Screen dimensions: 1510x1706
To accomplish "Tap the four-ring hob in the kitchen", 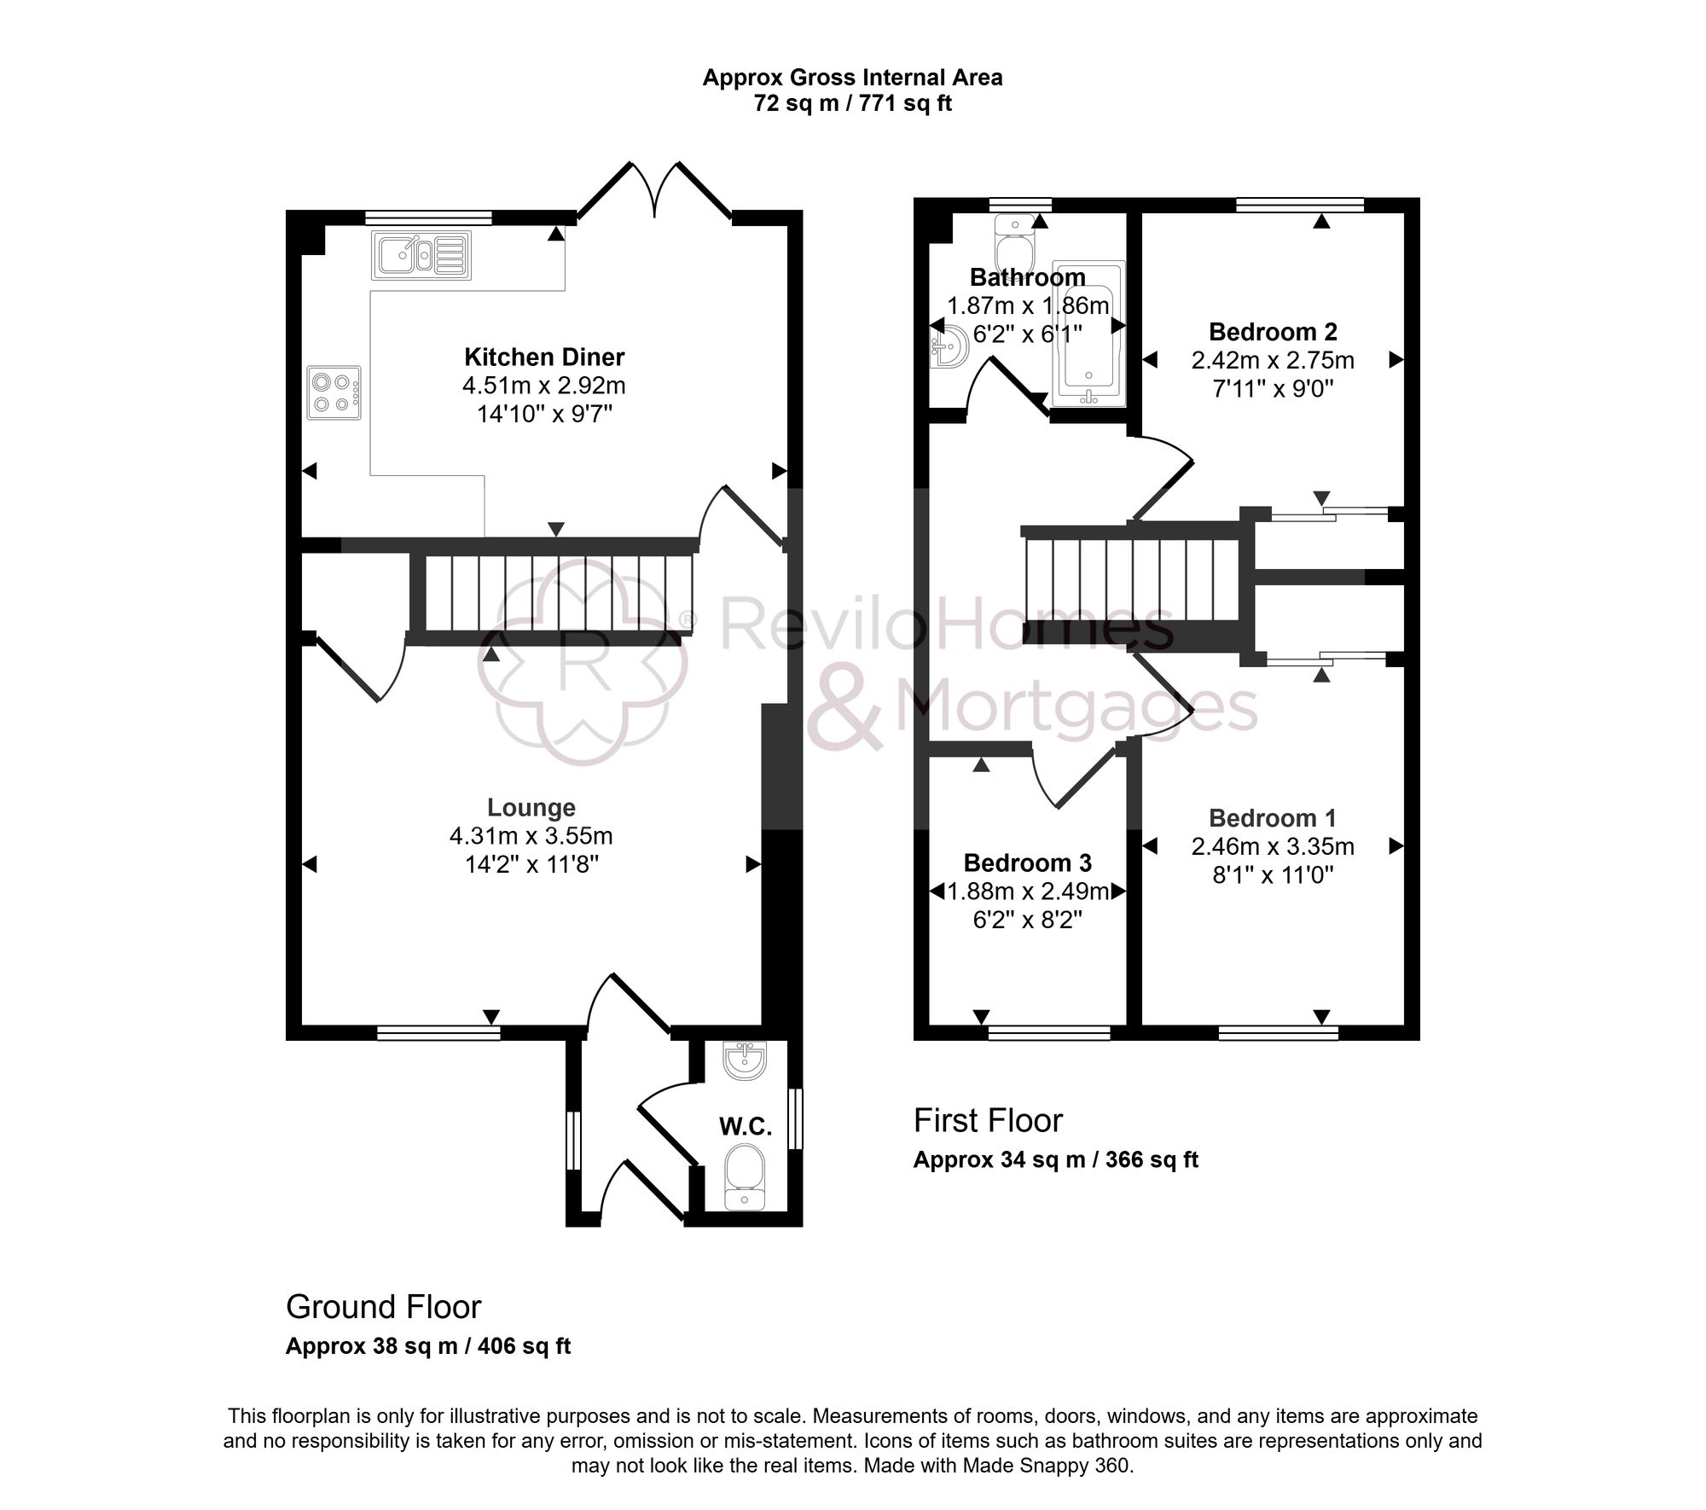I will (x=334, y=392).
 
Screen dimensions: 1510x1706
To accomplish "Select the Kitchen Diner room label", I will (x=544, y=357).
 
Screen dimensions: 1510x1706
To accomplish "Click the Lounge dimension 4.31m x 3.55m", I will (x=531, y=836).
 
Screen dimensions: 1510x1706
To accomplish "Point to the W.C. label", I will (x=746, y=1127).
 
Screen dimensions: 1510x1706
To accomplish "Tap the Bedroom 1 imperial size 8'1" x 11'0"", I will (x=1273, y=875).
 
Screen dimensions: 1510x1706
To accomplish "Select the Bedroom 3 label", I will (x=1027, y=862).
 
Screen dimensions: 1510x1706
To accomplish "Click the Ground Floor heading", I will (x=383, y=1307).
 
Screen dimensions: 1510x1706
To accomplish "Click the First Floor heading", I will (x=988, y=1121).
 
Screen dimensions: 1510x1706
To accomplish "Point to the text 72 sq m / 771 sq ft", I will (x=852, y=104).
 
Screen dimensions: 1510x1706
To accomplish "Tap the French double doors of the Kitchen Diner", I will (x=654, y=192).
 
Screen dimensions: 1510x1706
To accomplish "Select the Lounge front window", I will (x=438, y=1033).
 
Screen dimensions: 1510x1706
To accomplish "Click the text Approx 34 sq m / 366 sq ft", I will (x=1055, y=1160).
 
